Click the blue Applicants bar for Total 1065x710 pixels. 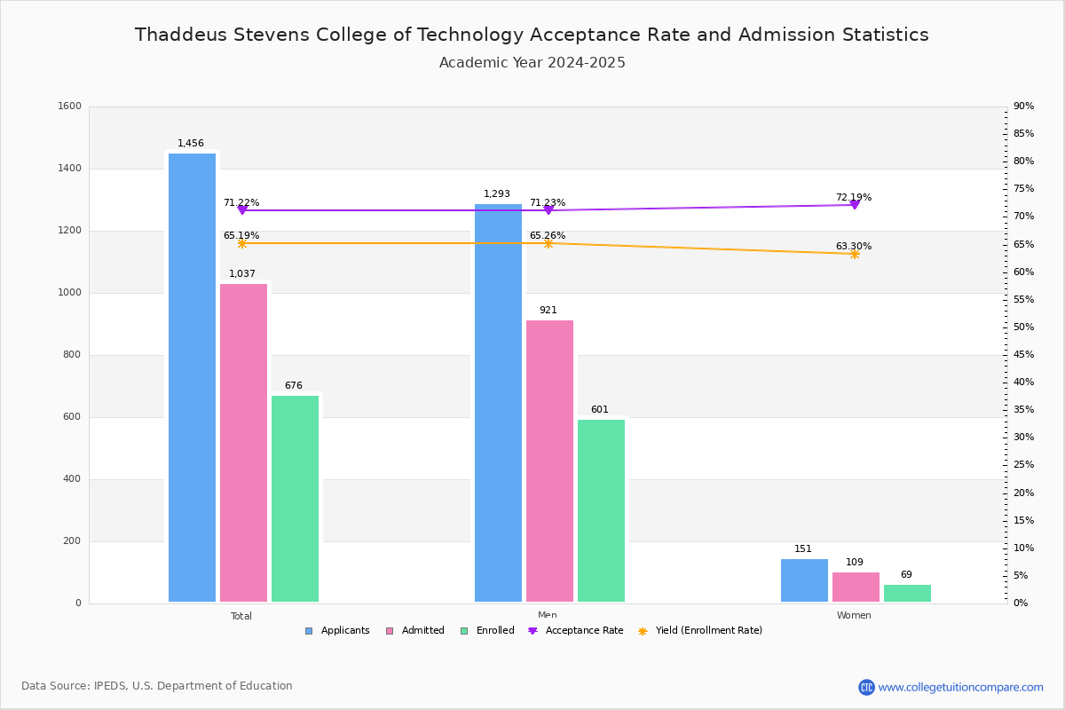192,377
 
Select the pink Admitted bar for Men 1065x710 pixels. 549,461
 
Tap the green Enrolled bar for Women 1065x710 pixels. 907,593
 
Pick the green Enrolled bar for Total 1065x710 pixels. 295,498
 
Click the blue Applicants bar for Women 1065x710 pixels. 804,580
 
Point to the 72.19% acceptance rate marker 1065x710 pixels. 854,205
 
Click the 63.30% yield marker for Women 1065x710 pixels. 854,254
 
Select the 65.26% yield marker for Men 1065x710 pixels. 548,243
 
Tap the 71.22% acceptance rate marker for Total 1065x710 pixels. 241,210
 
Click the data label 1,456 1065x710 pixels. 191,144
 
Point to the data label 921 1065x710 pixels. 548,311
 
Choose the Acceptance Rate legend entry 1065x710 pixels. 576,631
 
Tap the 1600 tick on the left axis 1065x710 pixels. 71,106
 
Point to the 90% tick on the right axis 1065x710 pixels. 1023,106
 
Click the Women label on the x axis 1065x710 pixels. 854,616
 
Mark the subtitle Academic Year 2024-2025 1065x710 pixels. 532,63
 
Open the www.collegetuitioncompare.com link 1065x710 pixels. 960,687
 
